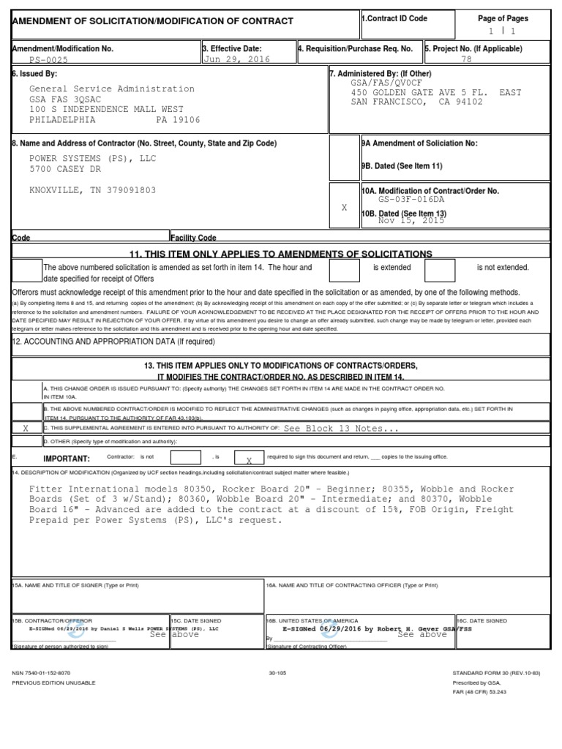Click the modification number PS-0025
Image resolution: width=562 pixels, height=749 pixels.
pyautogui.click(x=51, y=59)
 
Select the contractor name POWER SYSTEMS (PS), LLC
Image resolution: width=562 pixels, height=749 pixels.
pyautogui.click(x=93, y=158)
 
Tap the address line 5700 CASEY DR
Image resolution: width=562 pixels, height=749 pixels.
pyautogui.click(x=66, y=169)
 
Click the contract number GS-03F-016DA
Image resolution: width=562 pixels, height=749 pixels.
pyautogui.click(x=411, y=199)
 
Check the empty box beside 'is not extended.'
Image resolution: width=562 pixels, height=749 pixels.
pyautogui.click(x=440, y=271)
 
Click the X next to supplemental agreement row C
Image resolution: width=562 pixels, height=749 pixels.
pyautogui.click(x=26, y=429)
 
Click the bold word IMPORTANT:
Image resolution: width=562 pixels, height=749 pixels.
pyautogui.click(x=67, y=459)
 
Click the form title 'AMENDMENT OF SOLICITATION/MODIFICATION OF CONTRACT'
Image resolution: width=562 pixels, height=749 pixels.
pyautogui.click(x=153, y=22)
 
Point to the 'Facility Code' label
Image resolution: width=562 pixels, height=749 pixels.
pyautogui.click(x=194, y=238)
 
